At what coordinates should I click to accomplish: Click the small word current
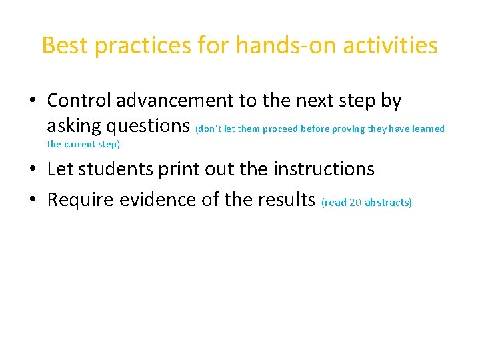[79, 144]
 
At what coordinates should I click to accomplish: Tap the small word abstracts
[387, 203]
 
